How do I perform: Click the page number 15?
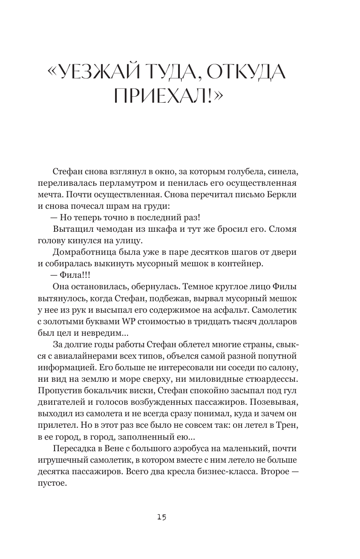161,517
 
